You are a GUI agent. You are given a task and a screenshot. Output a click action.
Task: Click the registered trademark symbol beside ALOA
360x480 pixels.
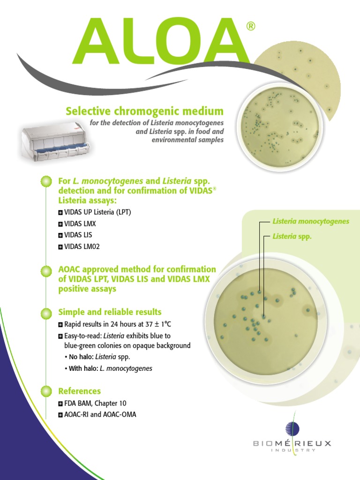point(251,27)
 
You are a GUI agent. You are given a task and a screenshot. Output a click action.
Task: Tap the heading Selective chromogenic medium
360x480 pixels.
point(144,111)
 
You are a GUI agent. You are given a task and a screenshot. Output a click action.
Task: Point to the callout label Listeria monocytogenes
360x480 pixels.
point(310,221)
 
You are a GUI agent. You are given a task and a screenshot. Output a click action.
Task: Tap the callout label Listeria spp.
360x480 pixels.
point(292,237)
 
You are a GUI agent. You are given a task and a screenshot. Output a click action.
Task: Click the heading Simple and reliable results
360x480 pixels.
point(110,312)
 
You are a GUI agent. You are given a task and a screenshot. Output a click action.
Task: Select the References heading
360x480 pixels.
point(79,391)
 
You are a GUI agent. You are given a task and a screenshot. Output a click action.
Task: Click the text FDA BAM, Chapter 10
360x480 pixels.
point(95,403)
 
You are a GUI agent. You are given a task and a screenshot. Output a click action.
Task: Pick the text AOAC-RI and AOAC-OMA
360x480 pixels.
point(100,414)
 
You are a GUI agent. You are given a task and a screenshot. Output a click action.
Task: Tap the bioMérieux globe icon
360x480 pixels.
point(292,428)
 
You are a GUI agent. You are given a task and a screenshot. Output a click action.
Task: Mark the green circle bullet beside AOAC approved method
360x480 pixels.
point(46,271)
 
